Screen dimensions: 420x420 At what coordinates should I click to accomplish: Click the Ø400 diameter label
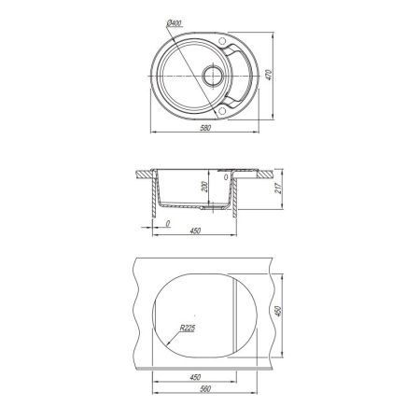[175, 23]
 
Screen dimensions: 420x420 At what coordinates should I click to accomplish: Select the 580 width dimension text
[205, 128]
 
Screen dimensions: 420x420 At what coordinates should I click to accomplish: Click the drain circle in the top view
[213, 76]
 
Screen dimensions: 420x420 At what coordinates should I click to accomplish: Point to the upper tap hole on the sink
[222, 40]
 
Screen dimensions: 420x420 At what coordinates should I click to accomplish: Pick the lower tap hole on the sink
[222, 110]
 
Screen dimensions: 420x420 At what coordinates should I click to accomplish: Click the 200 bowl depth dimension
[204, 187]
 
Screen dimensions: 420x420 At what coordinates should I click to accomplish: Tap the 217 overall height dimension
[278, 188]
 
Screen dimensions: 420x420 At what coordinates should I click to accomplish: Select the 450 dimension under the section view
[195, 231]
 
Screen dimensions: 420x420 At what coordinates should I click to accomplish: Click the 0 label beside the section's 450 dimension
[168, 223]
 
